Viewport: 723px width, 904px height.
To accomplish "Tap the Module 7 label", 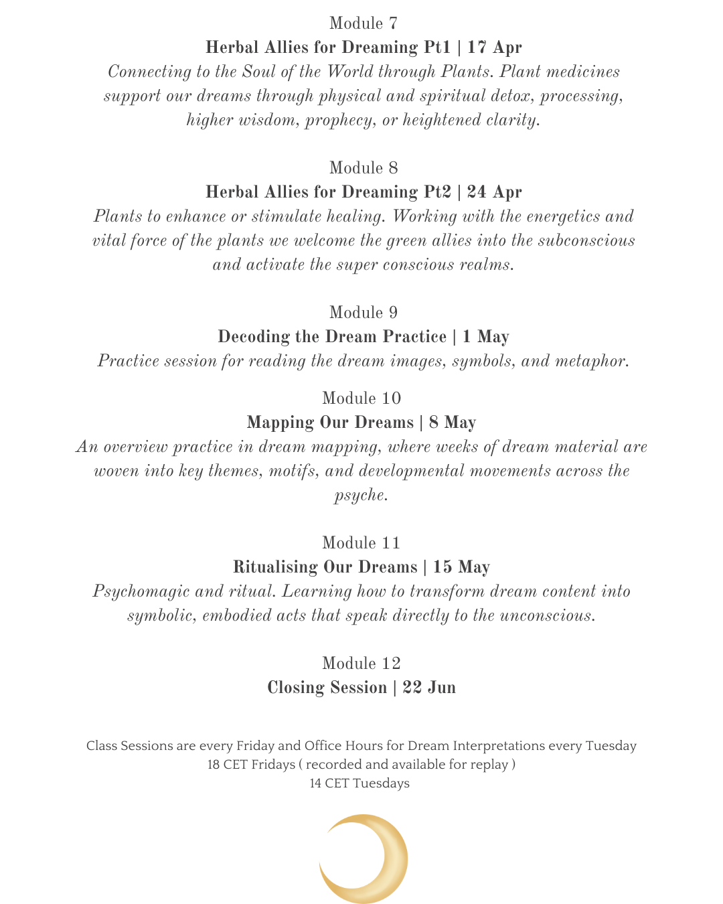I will pos(363,23).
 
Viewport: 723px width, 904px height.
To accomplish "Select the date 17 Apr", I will pos(494,48).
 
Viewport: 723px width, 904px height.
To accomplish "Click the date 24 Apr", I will pos(494,192).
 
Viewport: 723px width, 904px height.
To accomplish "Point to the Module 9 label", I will pos(363,313).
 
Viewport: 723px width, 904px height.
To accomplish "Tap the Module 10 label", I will pos(361,398).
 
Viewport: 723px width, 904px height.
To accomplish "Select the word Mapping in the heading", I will pos(279,423).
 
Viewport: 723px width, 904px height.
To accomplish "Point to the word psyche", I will pos(359,496).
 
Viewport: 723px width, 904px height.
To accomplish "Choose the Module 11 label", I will pos(361,543).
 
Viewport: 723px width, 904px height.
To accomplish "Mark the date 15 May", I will pos(461,567).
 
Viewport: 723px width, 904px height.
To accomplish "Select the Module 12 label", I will pos(361,664).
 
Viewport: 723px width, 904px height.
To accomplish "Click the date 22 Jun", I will pos(429,688).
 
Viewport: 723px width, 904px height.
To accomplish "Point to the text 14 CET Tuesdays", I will pos(359,783).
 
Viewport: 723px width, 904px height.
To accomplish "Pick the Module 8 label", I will pos(363,168).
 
